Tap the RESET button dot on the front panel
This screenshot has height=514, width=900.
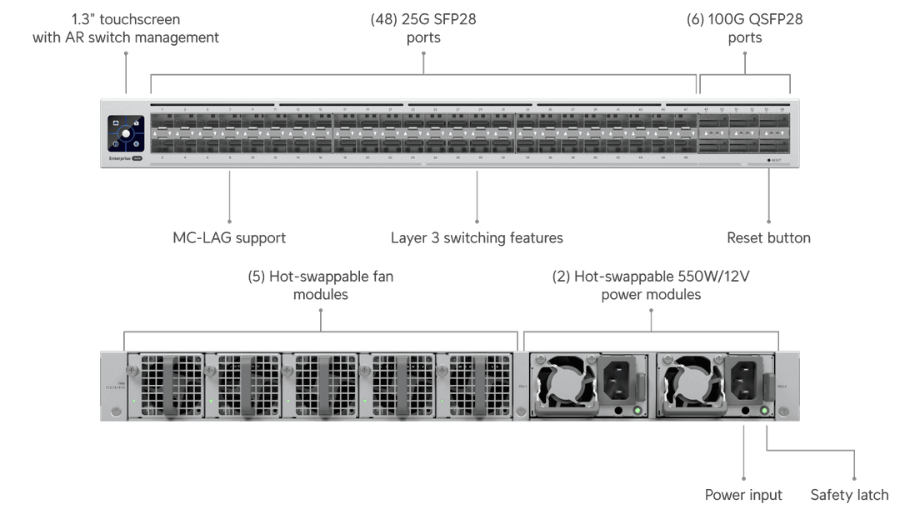(769, 159)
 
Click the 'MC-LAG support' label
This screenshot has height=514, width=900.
(228, 238)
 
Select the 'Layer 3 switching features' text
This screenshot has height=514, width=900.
(477, 238)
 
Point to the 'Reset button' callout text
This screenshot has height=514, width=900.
(768, 238)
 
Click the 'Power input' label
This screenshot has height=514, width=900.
(743, 495)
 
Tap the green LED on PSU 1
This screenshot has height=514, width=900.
(637, 410)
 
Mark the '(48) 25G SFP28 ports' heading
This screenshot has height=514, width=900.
(423, 27)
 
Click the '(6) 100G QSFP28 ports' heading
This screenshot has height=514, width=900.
(744, 27)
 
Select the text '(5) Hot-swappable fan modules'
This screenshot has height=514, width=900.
(321, 285)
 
